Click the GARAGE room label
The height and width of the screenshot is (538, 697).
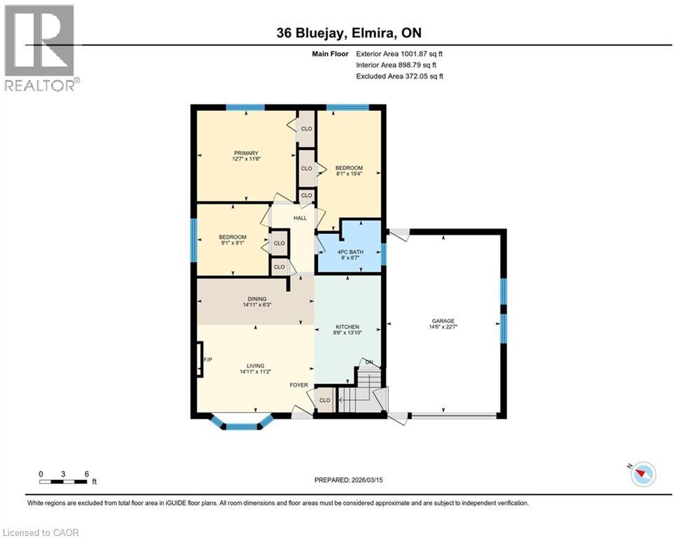pos(443,321)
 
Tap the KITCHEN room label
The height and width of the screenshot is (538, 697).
pos(347,326)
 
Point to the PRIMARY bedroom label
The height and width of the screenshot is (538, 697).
pos(247,153)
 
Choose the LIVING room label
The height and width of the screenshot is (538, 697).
pos(255,365)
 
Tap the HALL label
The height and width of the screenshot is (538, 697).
pos(300,218)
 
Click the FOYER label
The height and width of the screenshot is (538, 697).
pos(299,385)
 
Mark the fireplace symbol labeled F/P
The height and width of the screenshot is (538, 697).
pos(200,360)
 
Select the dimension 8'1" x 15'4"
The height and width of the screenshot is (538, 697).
pos(348,174)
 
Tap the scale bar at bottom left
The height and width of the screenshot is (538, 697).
pos(64,482)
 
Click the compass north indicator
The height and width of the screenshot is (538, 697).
pos(642,474)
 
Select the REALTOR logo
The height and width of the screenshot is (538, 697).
pos(40,48)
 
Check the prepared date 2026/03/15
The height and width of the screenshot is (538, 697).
pos(348,480)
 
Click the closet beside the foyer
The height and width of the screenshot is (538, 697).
pos(325,400)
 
